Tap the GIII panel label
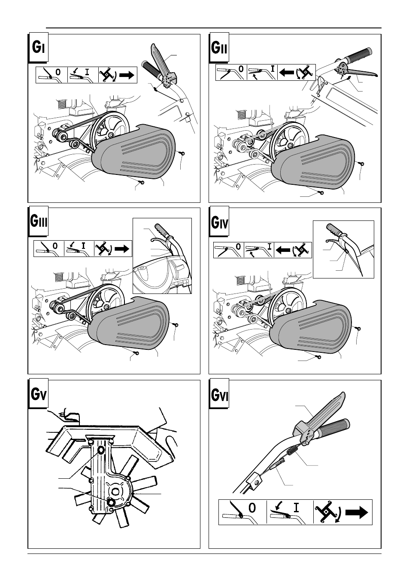point(38,221)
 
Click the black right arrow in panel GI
point(127,75)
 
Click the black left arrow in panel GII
point(287,72)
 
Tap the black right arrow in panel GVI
point(357,512)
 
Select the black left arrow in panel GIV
point(283,250)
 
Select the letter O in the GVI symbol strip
point(252,508)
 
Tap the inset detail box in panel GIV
point(343,249)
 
